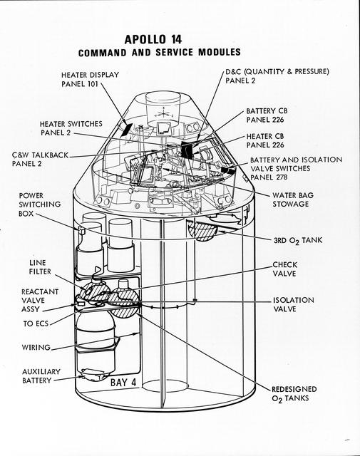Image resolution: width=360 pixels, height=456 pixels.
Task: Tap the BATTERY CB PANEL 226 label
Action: click(x=266, y=115)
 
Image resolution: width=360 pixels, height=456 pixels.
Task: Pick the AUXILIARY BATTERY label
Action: click(x=41, y=376)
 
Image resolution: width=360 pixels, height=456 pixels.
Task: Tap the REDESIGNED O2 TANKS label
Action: click(x=294, y=394)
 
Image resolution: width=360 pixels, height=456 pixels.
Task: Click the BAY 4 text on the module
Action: click(x=125, y=383)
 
